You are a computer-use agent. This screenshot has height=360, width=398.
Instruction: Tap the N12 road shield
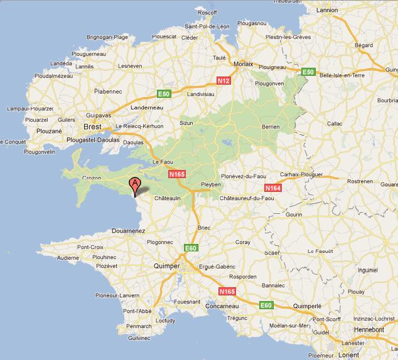point(223,81)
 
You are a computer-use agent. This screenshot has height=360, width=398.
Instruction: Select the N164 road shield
point(273,188)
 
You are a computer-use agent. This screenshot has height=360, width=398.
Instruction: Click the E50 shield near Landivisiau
point(164,94)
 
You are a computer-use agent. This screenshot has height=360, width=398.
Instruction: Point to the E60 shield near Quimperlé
point(267,305)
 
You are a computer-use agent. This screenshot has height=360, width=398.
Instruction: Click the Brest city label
point(92,127)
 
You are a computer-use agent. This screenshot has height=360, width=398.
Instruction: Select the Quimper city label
point(166,266)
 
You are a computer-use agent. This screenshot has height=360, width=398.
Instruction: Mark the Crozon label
point(92,178)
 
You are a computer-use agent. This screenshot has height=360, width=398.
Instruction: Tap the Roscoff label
point(206,12)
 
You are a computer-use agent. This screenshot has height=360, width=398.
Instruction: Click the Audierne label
point(68,258)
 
